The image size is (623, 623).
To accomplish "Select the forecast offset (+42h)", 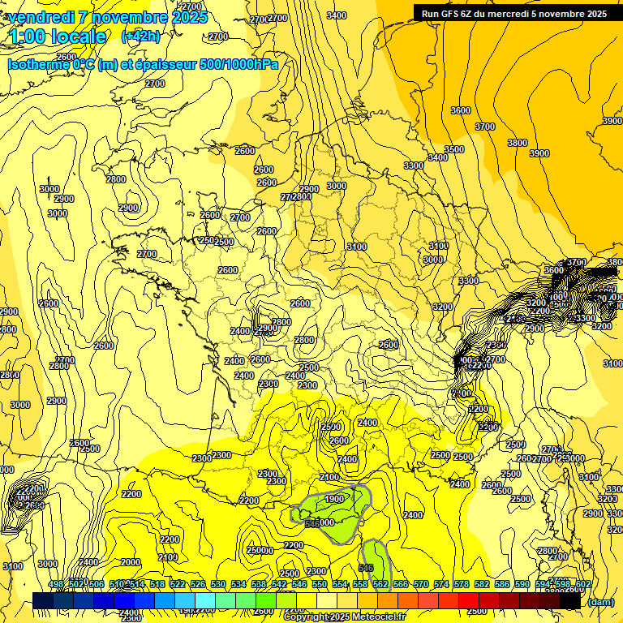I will (x=140, y=37).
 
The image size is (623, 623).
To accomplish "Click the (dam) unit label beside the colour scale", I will (x=601, y=601).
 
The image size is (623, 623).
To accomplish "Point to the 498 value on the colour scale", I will (x=56, y=584).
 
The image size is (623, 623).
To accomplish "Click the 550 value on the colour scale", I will (x=320, y=584).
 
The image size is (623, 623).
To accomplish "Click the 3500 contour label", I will (x=454, y=149).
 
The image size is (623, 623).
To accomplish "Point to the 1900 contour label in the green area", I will (x=333, y=499).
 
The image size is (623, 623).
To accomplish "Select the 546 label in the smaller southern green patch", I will (x=366, y=568).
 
